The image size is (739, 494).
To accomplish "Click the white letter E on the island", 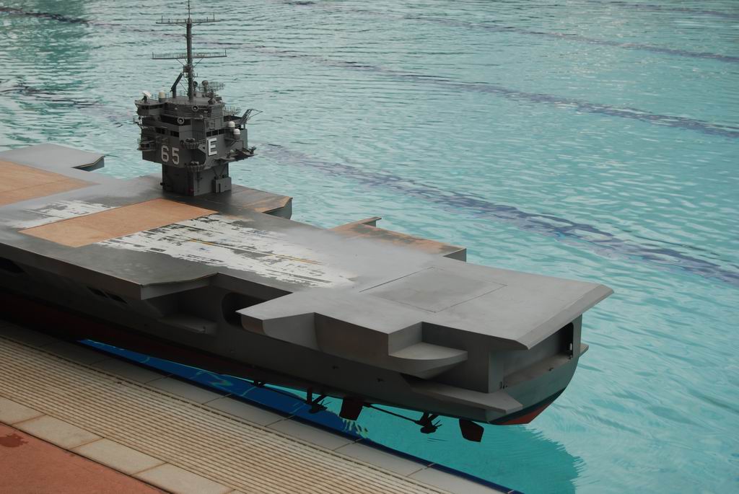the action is [212, 147].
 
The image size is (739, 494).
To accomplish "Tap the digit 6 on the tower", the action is [165, 154].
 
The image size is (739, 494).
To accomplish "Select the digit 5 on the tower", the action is [175, 156].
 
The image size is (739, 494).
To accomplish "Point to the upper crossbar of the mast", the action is [188, 19].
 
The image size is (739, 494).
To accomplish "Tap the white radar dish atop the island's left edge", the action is [147, 94].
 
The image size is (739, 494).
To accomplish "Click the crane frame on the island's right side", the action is [249, 115].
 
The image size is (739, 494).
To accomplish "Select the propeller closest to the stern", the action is [428, 423].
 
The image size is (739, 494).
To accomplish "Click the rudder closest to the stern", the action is [472, 430].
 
